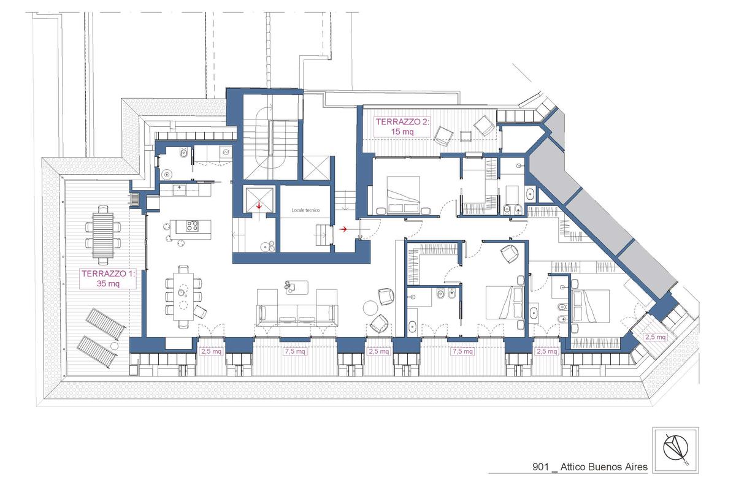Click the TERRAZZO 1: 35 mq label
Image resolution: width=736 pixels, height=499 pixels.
click(x=108, y=278)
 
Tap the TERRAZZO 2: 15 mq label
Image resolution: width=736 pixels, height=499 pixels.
click(x=402, y=126)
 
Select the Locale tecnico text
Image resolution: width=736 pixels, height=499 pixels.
click(x=305, y=210)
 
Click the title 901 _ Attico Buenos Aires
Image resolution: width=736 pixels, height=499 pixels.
click(x=590, y=467)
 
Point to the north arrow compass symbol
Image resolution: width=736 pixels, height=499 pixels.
click(x=675, y=450)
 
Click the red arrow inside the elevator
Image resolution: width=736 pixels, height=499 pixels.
click(x=259, y=206)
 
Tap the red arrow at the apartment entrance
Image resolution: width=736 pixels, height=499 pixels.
click(x=343, y=229)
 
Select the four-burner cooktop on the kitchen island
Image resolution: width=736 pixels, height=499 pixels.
click(x=193, y=226)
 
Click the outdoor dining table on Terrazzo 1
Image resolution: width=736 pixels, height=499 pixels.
click(x=103, y=235)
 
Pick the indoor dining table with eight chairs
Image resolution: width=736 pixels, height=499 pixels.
click(x=183, y=296)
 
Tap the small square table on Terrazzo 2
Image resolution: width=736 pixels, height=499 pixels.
click(x=466, y=136)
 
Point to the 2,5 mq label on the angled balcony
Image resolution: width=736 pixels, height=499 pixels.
click(x=655, y=337)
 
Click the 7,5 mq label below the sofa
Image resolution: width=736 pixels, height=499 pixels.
click(x=295, y=351)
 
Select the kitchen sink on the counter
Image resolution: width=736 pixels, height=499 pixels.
click(x=180, y=190)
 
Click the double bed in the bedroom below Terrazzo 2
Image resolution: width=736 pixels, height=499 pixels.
click(x=403, y=195)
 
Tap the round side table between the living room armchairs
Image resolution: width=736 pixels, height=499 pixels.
click(x=370, y=308)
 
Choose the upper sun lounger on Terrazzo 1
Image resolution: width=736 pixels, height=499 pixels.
click(x=105, y=324)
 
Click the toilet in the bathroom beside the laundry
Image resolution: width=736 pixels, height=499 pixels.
click(x=183, y=153)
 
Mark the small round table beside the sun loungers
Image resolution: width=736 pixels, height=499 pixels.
click(x=114, y=346)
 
